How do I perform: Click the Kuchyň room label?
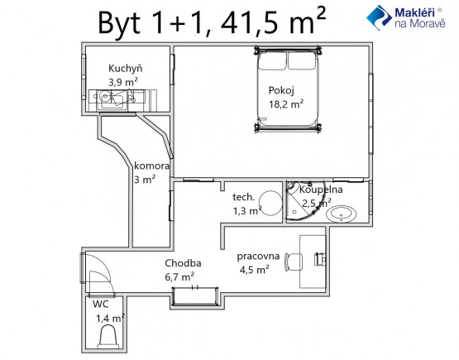pyautogui.click(x=125, y=69)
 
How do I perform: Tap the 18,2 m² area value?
pyautogui.click(x=286, y=104)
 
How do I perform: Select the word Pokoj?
pyautogui.click(x=281, y=90)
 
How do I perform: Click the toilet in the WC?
pyautogui.click(x=108, y=337)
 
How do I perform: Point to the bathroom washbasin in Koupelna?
pyautogui.click(x=342, y=214)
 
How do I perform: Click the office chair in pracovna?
pyautogui.click(x=294, y=262)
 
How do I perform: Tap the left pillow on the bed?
pyautogui.click(x=272, y=61)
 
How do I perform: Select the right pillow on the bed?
pyautogui.click(x=302, y=61)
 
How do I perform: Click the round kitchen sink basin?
pyautogui.click(x=104, y=96)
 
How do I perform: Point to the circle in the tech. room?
pyautogui.click(x=270, y=204)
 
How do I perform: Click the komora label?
pyautogui.click(x=151, y=166)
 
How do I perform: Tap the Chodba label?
pyautogui.click(x=183, y=263)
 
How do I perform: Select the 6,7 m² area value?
pyautogui.click(x=179, y=276)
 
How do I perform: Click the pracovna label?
pyautogui.click(x=258, y=257)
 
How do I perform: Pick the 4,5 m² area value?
pyautogui.click(x=255, y=270)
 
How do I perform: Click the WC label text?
pyautogui.click(x=101, y=305)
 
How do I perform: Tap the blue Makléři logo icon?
pyautogui.click(x=379, y=17)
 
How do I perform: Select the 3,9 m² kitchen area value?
pyautogui.click(x=123, y=82)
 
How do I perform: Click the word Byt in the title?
pyautogui.click(x=119, y=24)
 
